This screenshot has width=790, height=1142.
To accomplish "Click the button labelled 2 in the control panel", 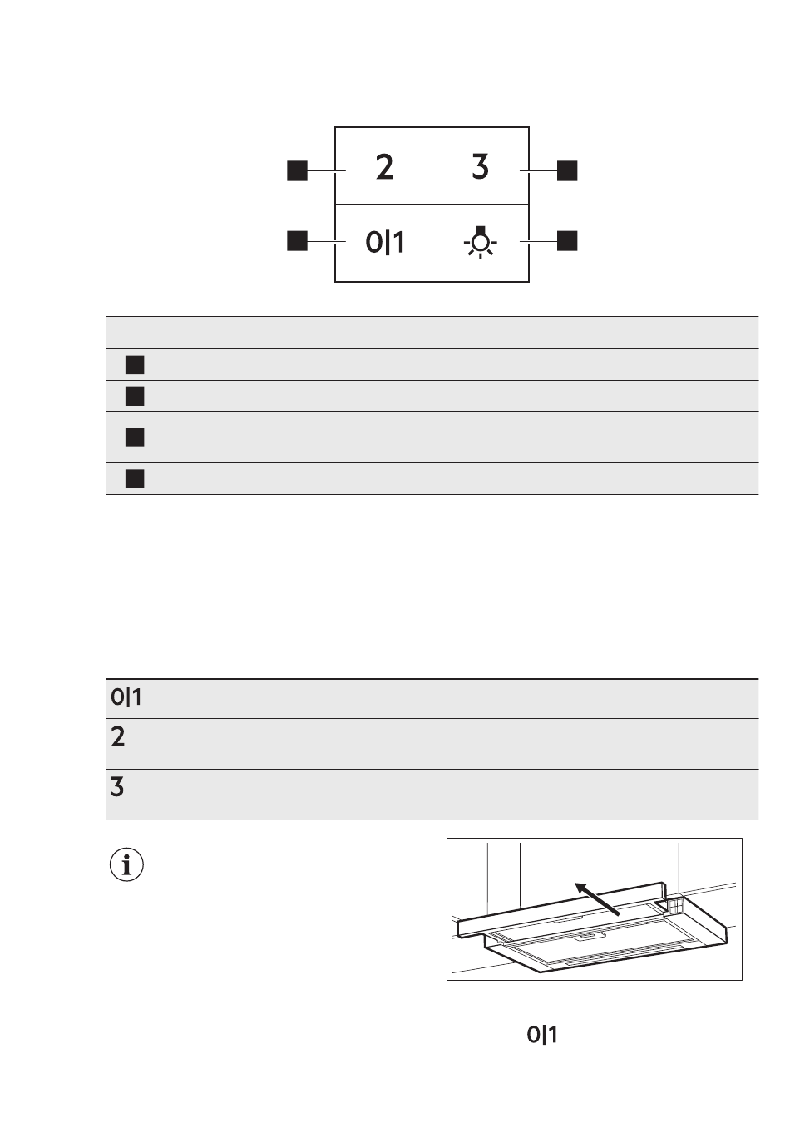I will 383,166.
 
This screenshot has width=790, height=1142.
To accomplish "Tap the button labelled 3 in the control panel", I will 480,166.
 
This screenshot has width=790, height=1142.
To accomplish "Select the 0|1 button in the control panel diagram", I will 384,242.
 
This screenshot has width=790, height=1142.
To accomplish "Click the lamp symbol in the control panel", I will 480,242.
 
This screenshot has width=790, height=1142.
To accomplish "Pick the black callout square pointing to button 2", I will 297,171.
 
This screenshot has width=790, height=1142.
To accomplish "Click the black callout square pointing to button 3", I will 567,170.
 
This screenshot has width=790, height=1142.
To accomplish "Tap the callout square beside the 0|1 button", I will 297,241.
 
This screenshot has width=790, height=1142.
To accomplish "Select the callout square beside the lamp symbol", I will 567,241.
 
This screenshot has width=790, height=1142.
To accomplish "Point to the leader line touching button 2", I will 327,171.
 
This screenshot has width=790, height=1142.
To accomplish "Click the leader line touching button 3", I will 538,170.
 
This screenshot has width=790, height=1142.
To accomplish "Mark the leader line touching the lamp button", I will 538,241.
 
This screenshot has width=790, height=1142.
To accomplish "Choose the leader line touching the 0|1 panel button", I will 327,241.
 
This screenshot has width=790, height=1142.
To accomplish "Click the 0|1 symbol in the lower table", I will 126,697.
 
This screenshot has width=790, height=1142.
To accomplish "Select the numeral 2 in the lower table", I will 118,736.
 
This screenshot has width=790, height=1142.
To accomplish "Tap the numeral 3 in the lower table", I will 118,786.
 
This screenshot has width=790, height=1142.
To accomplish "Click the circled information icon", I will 126,865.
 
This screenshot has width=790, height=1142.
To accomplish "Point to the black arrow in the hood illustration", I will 598,899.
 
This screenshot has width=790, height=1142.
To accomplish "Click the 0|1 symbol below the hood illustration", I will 542,1035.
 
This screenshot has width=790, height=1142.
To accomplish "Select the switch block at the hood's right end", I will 674,905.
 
